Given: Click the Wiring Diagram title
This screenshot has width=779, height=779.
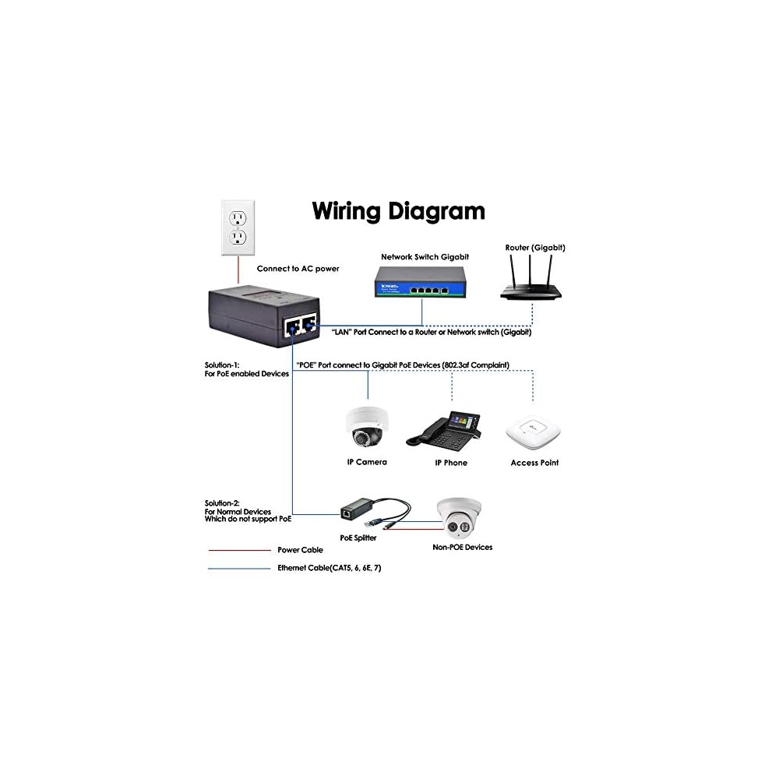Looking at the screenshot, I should pos(398,210).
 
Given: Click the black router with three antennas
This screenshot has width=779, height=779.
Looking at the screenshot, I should pos(534,284).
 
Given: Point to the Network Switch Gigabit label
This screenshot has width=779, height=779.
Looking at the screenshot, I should pos(425,256).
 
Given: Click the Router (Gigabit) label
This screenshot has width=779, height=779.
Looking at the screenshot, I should pos(534,247).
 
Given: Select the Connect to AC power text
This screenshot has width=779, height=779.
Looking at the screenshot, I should pos(298,269).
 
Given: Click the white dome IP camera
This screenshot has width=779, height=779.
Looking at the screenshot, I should pos(366,426).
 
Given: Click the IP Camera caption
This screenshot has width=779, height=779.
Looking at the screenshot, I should pos(366,462).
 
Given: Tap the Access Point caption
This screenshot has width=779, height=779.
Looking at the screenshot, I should pos(534,463).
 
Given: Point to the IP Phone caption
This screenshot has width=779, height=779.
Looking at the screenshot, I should pos(450,463).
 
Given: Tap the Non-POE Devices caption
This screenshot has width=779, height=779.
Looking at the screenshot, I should pos(462,548).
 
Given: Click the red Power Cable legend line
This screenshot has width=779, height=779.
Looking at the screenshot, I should pos(238,550).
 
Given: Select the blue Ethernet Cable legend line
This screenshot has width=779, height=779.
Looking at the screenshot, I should pos(238,569).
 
